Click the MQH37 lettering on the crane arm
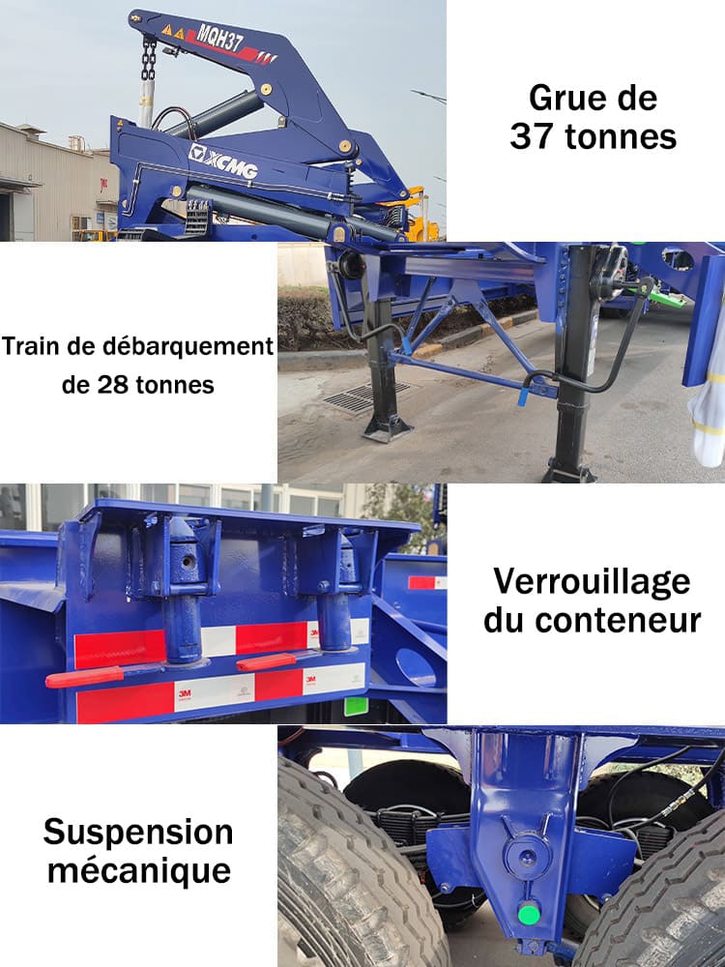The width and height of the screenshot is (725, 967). (x=219, y=39)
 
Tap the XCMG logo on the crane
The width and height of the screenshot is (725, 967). (x=224, y=161)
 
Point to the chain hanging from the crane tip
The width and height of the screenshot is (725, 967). (x=149, y=60)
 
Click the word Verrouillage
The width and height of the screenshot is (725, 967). (x=593, y=582)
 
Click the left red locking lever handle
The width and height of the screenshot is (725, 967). (x=84, y=676)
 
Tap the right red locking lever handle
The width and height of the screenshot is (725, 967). (x=266, y=662)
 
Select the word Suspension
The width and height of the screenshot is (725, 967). (x=138, y=832)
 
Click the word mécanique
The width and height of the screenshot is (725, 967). (x=139, y=869)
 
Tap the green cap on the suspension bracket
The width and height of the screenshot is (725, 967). (x=528, y=912)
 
